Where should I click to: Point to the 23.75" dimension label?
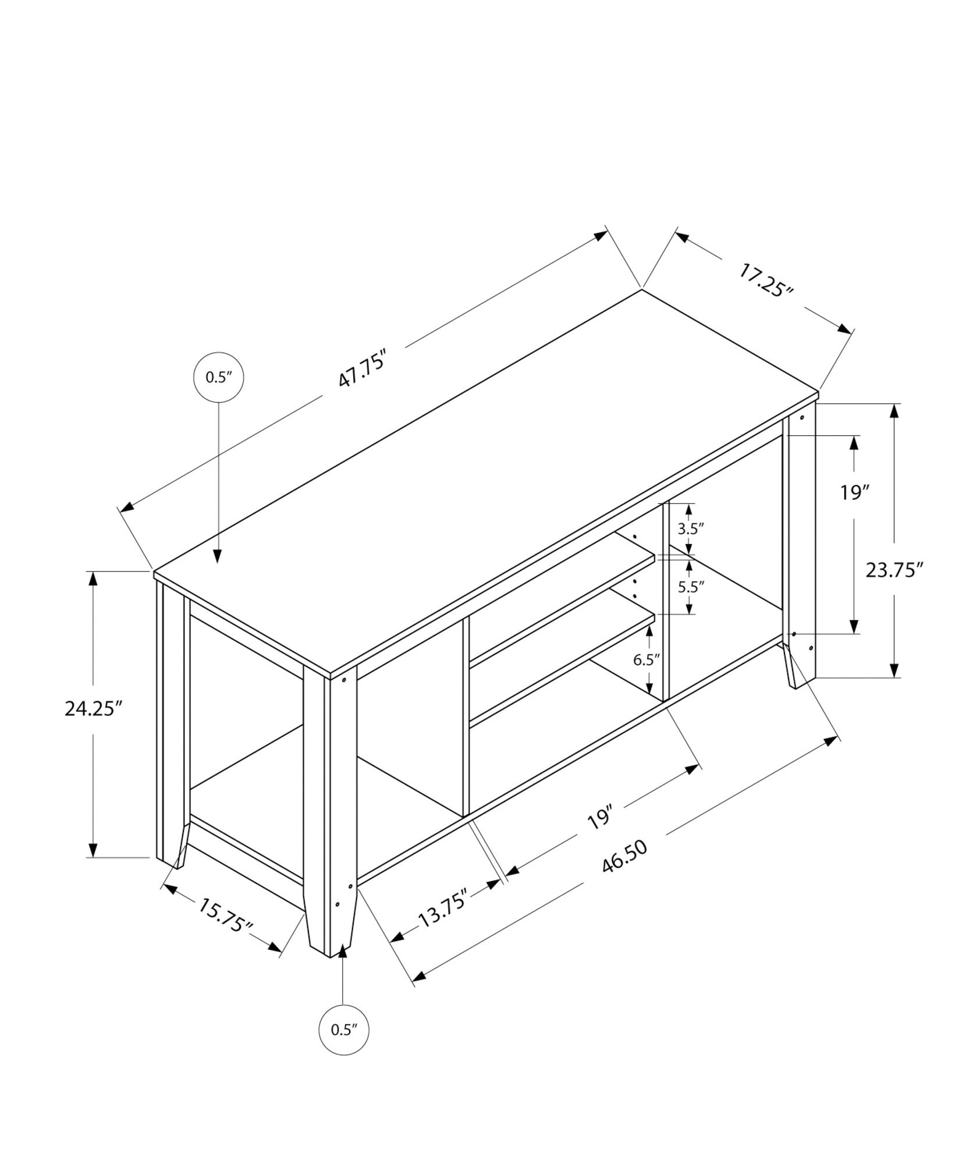pos(894,569)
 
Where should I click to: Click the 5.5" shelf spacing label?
pos(691,587)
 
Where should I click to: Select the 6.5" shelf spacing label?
pos(647,659)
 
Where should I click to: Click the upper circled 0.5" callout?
pos(218,377)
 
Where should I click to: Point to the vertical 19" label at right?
pos(854,492)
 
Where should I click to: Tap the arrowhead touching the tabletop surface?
pos(218,555)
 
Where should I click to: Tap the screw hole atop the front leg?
pos(344,679)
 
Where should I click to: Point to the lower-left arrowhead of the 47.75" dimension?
pos(126,508)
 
